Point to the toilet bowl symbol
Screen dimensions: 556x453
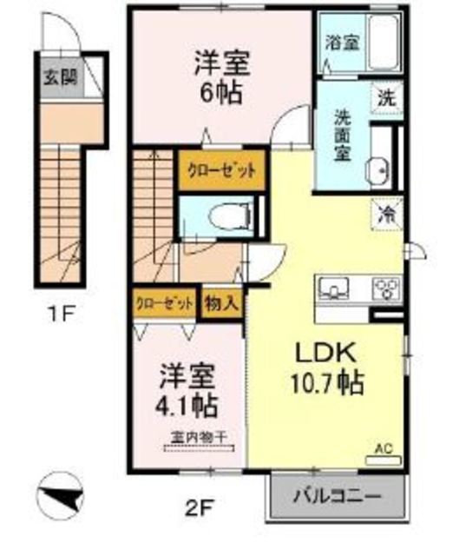227,212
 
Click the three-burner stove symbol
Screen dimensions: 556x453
385,287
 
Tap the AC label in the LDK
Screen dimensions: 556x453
382,449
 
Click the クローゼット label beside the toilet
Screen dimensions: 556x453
220,169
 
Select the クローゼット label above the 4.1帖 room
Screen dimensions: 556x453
164,304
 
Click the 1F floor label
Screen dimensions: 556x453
59,311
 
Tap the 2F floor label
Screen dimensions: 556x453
198,506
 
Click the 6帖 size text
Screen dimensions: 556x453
223,91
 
